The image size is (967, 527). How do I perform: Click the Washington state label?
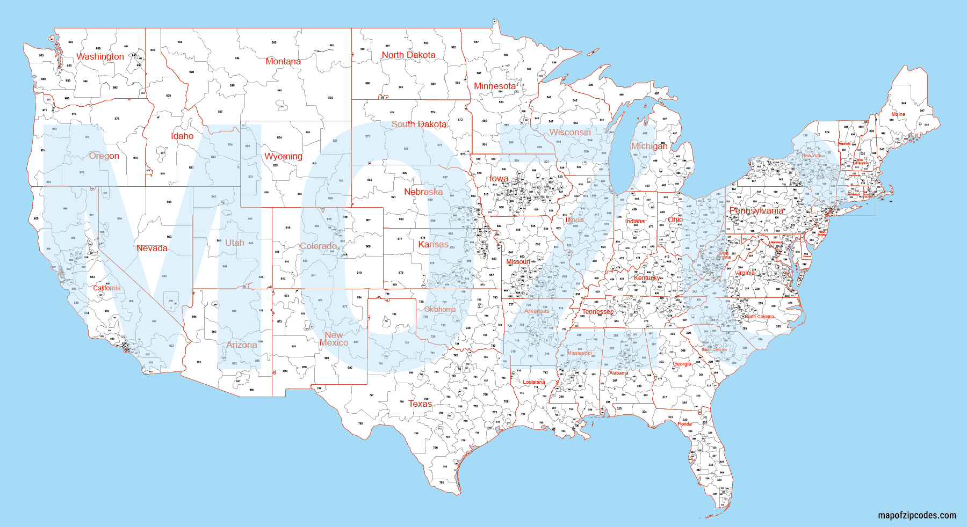pos(100,56)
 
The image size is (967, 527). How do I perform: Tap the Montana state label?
pos(283,61)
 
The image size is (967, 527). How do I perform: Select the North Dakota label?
pos(408,55)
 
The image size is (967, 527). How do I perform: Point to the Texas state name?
pos(420,404)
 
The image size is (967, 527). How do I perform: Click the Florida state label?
pos(684,424)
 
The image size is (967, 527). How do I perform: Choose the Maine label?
pos(898,114)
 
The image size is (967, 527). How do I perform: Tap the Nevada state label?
pos(152,248)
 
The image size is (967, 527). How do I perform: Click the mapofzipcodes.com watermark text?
pos(917,515)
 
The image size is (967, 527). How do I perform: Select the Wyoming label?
pos(283,156)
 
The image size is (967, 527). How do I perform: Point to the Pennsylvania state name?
pos(756,210)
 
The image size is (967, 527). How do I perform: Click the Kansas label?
pos(433,244)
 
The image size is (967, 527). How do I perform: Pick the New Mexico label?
pos(334,339)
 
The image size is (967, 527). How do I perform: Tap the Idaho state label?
pos(182,136)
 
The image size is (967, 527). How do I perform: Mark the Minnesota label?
pos(495,86)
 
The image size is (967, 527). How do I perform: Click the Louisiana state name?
pos(534,382)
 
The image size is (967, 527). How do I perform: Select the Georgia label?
pos(682,364)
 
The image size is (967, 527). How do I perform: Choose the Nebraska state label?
pos(423,192)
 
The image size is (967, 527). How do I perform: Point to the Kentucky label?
pos(646,278)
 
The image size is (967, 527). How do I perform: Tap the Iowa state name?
pos(499,178)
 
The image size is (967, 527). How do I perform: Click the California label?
pos(107,288)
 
